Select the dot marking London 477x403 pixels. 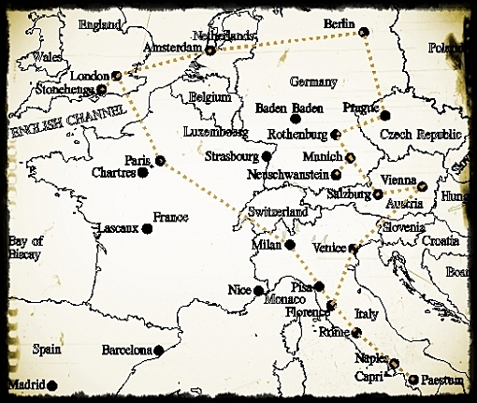[x=116, y=75]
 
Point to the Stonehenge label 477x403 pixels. [x=63, y=90]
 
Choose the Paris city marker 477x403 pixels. [x=160, y=160]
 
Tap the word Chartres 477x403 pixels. [x=113, y=173]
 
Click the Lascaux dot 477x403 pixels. [x=147, y=227]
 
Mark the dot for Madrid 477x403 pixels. [x=52, y=384]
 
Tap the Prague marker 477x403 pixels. [x=385, y=115]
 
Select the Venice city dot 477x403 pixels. [x=353, y=249]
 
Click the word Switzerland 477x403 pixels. [x=279, y=214]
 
